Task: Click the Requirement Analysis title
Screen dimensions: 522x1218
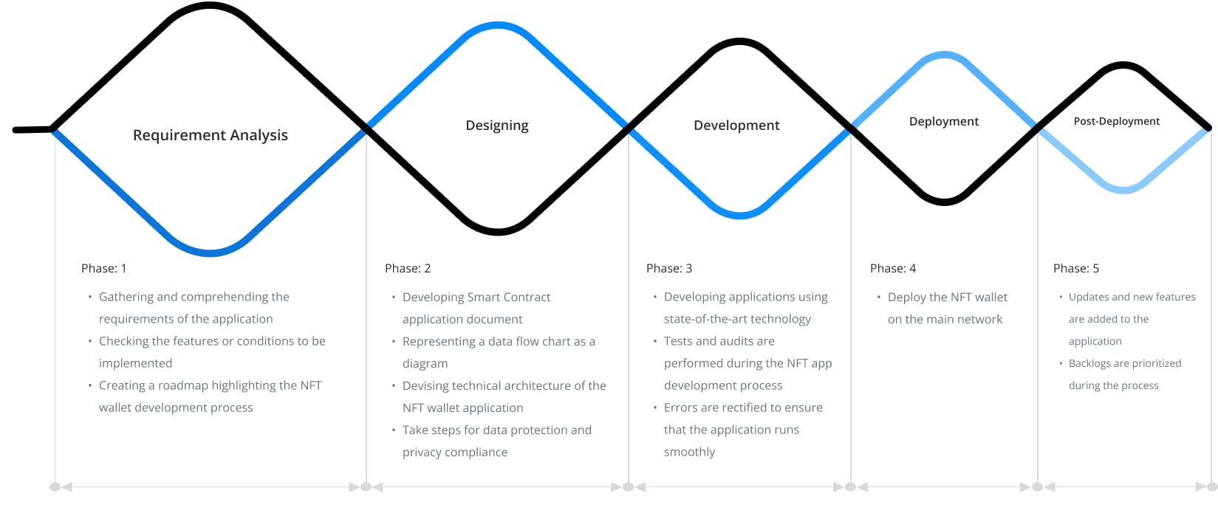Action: click(211, 135)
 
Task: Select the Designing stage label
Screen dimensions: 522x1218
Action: click(497, 126)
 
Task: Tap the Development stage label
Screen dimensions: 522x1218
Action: click(736, 126)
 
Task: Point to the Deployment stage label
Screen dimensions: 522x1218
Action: click(944, 121)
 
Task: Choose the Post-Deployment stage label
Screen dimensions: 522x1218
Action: click(1116, 121)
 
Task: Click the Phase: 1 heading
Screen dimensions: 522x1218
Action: click(103, 268)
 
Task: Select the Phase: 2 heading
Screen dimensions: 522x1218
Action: click(408, 268)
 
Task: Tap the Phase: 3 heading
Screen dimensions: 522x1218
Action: click(669, 268)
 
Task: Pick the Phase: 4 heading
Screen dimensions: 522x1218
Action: click(893, 268)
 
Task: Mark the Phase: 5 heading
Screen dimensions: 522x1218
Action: click(1076, 268)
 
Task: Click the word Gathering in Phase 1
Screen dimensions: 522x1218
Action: click(126, 297)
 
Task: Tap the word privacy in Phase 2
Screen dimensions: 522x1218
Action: click(422, 452)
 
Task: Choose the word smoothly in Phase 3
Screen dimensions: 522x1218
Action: click(689, 452)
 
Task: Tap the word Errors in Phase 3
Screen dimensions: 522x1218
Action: click(680, 408)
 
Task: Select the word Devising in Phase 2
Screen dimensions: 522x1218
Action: click(425, 385)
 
